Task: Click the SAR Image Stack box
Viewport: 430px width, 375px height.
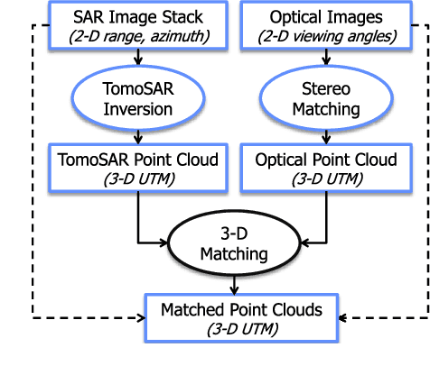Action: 137,25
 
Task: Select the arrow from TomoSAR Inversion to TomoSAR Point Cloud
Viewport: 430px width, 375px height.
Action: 137,136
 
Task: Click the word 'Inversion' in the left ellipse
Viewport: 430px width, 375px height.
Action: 137,110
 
